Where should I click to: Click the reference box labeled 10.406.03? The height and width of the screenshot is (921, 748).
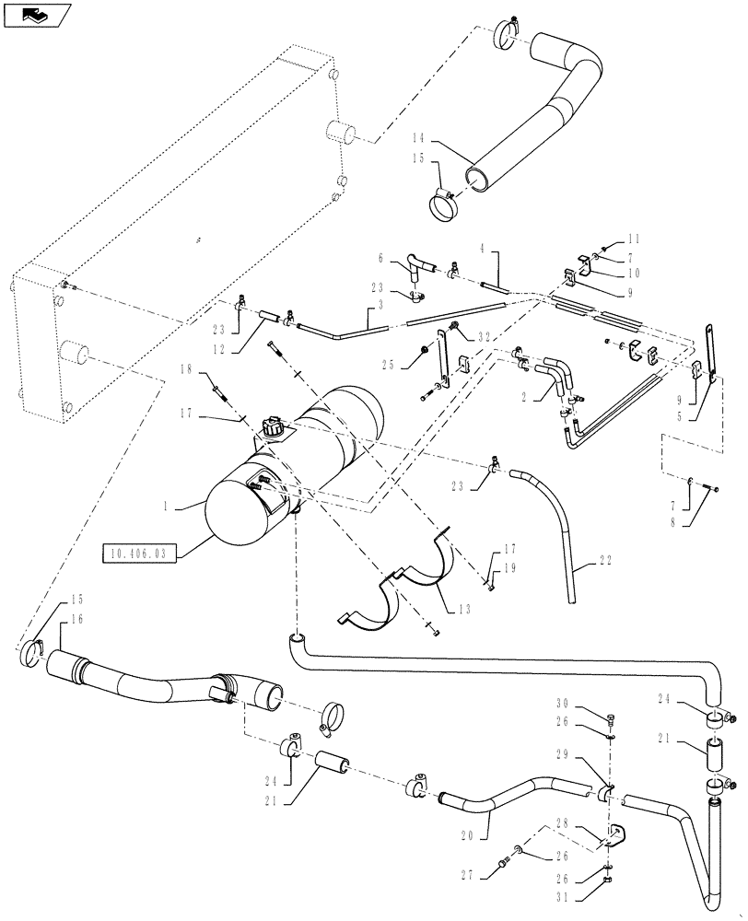pyautogui.click(x=137, y=554)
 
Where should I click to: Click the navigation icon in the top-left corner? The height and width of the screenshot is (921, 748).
pyautogui.click(x=34, y=15)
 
